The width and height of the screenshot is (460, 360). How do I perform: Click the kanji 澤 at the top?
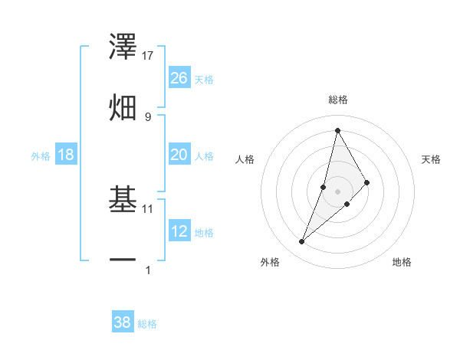[123, 47]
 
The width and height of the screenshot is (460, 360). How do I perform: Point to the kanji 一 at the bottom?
[123, 260]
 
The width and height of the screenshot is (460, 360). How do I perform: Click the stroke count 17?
[148, 56]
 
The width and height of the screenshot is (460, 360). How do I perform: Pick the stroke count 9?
[147, 116]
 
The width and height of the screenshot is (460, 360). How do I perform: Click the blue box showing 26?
[179, 78]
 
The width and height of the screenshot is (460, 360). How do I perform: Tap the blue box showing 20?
[179, 155]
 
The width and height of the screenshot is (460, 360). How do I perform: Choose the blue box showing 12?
[179, 231]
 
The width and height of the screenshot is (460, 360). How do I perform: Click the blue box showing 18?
[66, 155]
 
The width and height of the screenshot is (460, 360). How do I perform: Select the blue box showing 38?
[123, 322]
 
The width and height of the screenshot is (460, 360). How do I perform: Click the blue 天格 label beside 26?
[204, 79]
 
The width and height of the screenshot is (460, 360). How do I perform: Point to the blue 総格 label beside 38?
[147, 323]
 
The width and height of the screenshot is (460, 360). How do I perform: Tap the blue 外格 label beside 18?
[41, 155]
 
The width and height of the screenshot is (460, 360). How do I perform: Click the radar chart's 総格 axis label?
[338, 100]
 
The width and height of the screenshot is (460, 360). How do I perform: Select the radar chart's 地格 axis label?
[402, 263]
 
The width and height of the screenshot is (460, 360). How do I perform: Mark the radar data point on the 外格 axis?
[302, 242]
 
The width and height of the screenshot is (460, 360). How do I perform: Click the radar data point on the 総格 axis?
[337, 130]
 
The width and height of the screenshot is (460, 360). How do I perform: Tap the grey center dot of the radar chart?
[337, 191]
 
